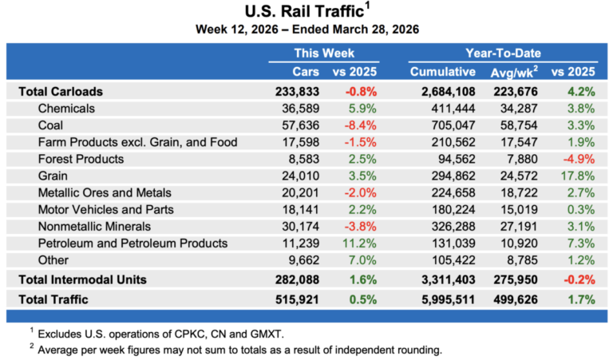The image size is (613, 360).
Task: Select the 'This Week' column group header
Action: pos(323,53)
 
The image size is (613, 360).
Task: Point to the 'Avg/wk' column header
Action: pos(516,72)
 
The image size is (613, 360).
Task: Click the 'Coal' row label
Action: pos(51,125)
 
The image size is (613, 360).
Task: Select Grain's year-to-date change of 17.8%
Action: pos(579,176)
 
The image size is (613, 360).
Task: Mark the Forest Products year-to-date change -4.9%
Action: pos(579,159)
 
